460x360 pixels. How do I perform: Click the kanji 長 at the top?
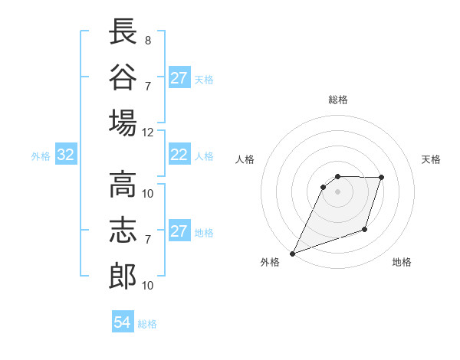123,31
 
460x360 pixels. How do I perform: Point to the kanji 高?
123,185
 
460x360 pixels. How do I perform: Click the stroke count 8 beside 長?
148,40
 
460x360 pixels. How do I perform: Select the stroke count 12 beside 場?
148,132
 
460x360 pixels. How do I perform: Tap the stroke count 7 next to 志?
148,240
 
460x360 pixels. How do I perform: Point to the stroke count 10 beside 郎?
148,286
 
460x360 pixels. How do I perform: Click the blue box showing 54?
122,322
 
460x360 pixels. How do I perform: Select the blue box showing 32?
66,155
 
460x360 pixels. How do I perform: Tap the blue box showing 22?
179,155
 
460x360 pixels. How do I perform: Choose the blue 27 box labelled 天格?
179,78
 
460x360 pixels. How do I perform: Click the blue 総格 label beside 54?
147,324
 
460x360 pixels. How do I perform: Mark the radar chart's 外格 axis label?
270,263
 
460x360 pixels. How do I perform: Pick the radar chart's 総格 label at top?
337,100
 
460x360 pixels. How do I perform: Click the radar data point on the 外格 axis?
292,253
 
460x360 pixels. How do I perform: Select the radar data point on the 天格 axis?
382,178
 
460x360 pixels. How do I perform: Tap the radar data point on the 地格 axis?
366,230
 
